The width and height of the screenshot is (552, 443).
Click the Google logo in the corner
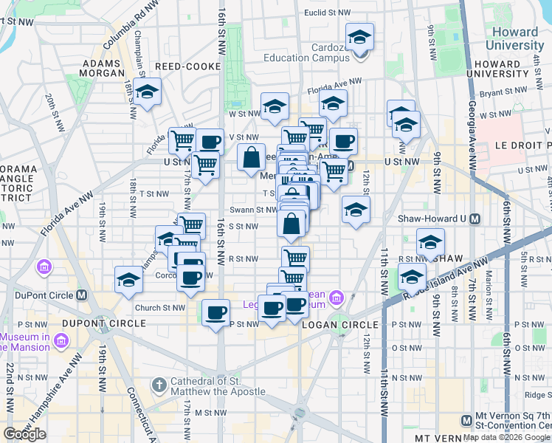(25, 434)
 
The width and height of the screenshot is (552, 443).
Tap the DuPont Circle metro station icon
(82, 295)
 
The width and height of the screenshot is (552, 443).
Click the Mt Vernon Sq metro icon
(466, 420)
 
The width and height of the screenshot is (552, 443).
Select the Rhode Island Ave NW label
(443, 278)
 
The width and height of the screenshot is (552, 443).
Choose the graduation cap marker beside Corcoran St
(128, 280)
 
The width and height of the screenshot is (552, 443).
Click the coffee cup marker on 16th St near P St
(215, 313)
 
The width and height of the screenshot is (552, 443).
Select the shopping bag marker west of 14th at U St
(251, 157)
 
